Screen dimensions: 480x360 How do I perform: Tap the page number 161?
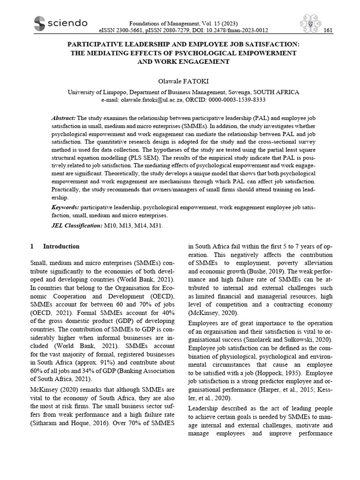tap(329, 30)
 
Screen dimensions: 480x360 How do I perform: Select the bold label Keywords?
tap(65, 207)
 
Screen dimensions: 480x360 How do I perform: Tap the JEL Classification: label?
tap(76, 226)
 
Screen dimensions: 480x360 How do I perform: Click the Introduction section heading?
tap(61, 247)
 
